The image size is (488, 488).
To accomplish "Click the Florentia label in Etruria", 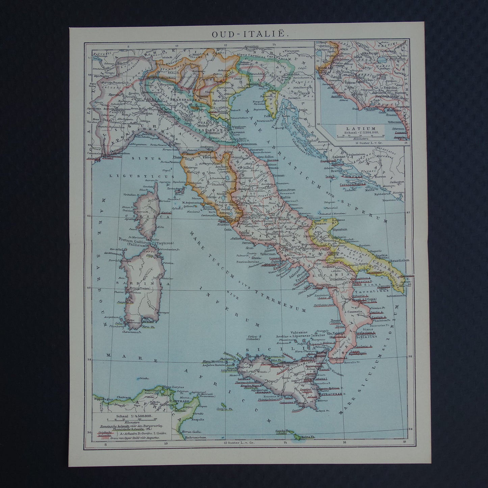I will tap(208, 157).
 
